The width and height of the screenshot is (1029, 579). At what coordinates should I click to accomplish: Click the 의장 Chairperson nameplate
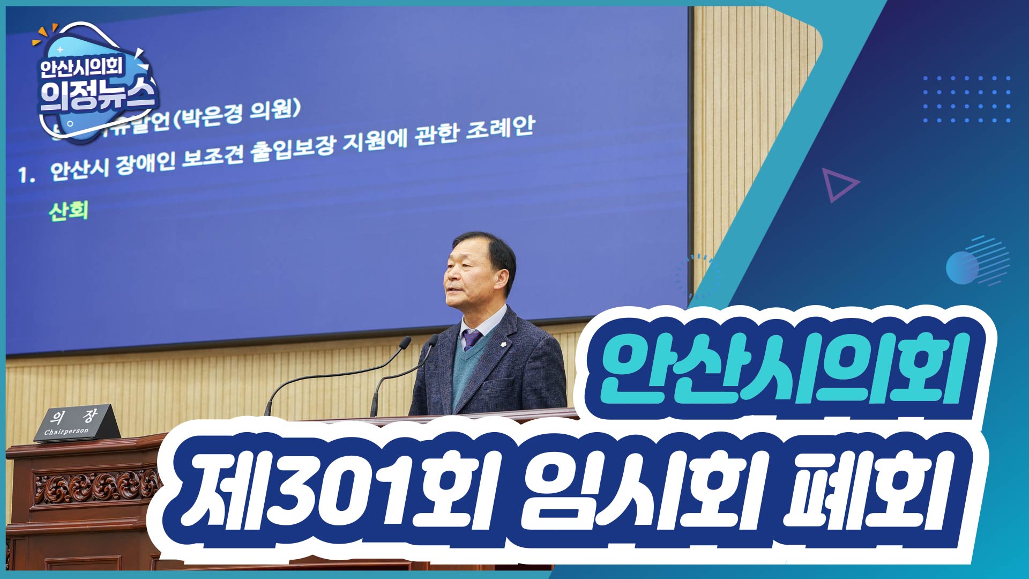click(x=77, y=424)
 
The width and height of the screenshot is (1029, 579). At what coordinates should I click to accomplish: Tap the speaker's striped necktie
click(x=471, y=339)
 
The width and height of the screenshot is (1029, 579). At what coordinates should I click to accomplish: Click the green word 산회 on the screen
click(x=68, y=211)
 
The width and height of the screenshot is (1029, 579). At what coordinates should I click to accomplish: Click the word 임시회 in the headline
click(x=638, y=491)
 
